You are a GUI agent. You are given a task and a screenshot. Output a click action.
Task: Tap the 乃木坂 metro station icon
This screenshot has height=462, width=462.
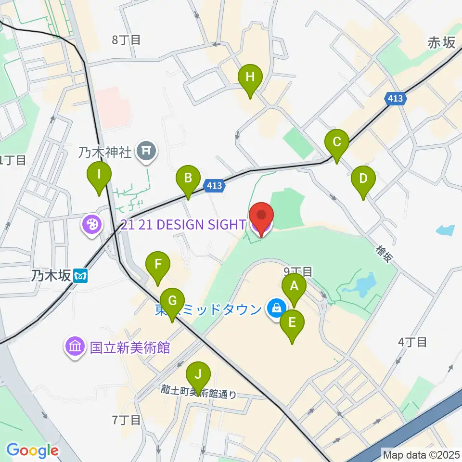click(79, 275)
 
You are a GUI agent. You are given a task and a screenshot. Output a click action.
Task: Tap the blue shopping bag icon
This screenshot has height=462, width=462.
click(276, 308)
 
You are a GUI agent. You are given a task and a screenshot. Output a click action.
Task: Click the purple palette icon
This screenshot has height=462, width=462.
click(91, 225)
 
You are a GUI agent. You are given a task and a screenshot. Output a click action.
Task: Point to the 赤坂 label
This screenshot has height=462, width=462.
click(440, 43)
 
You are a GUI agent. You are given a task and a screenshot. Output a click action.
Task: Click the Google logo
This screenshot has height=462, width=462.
click(32, 450)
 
